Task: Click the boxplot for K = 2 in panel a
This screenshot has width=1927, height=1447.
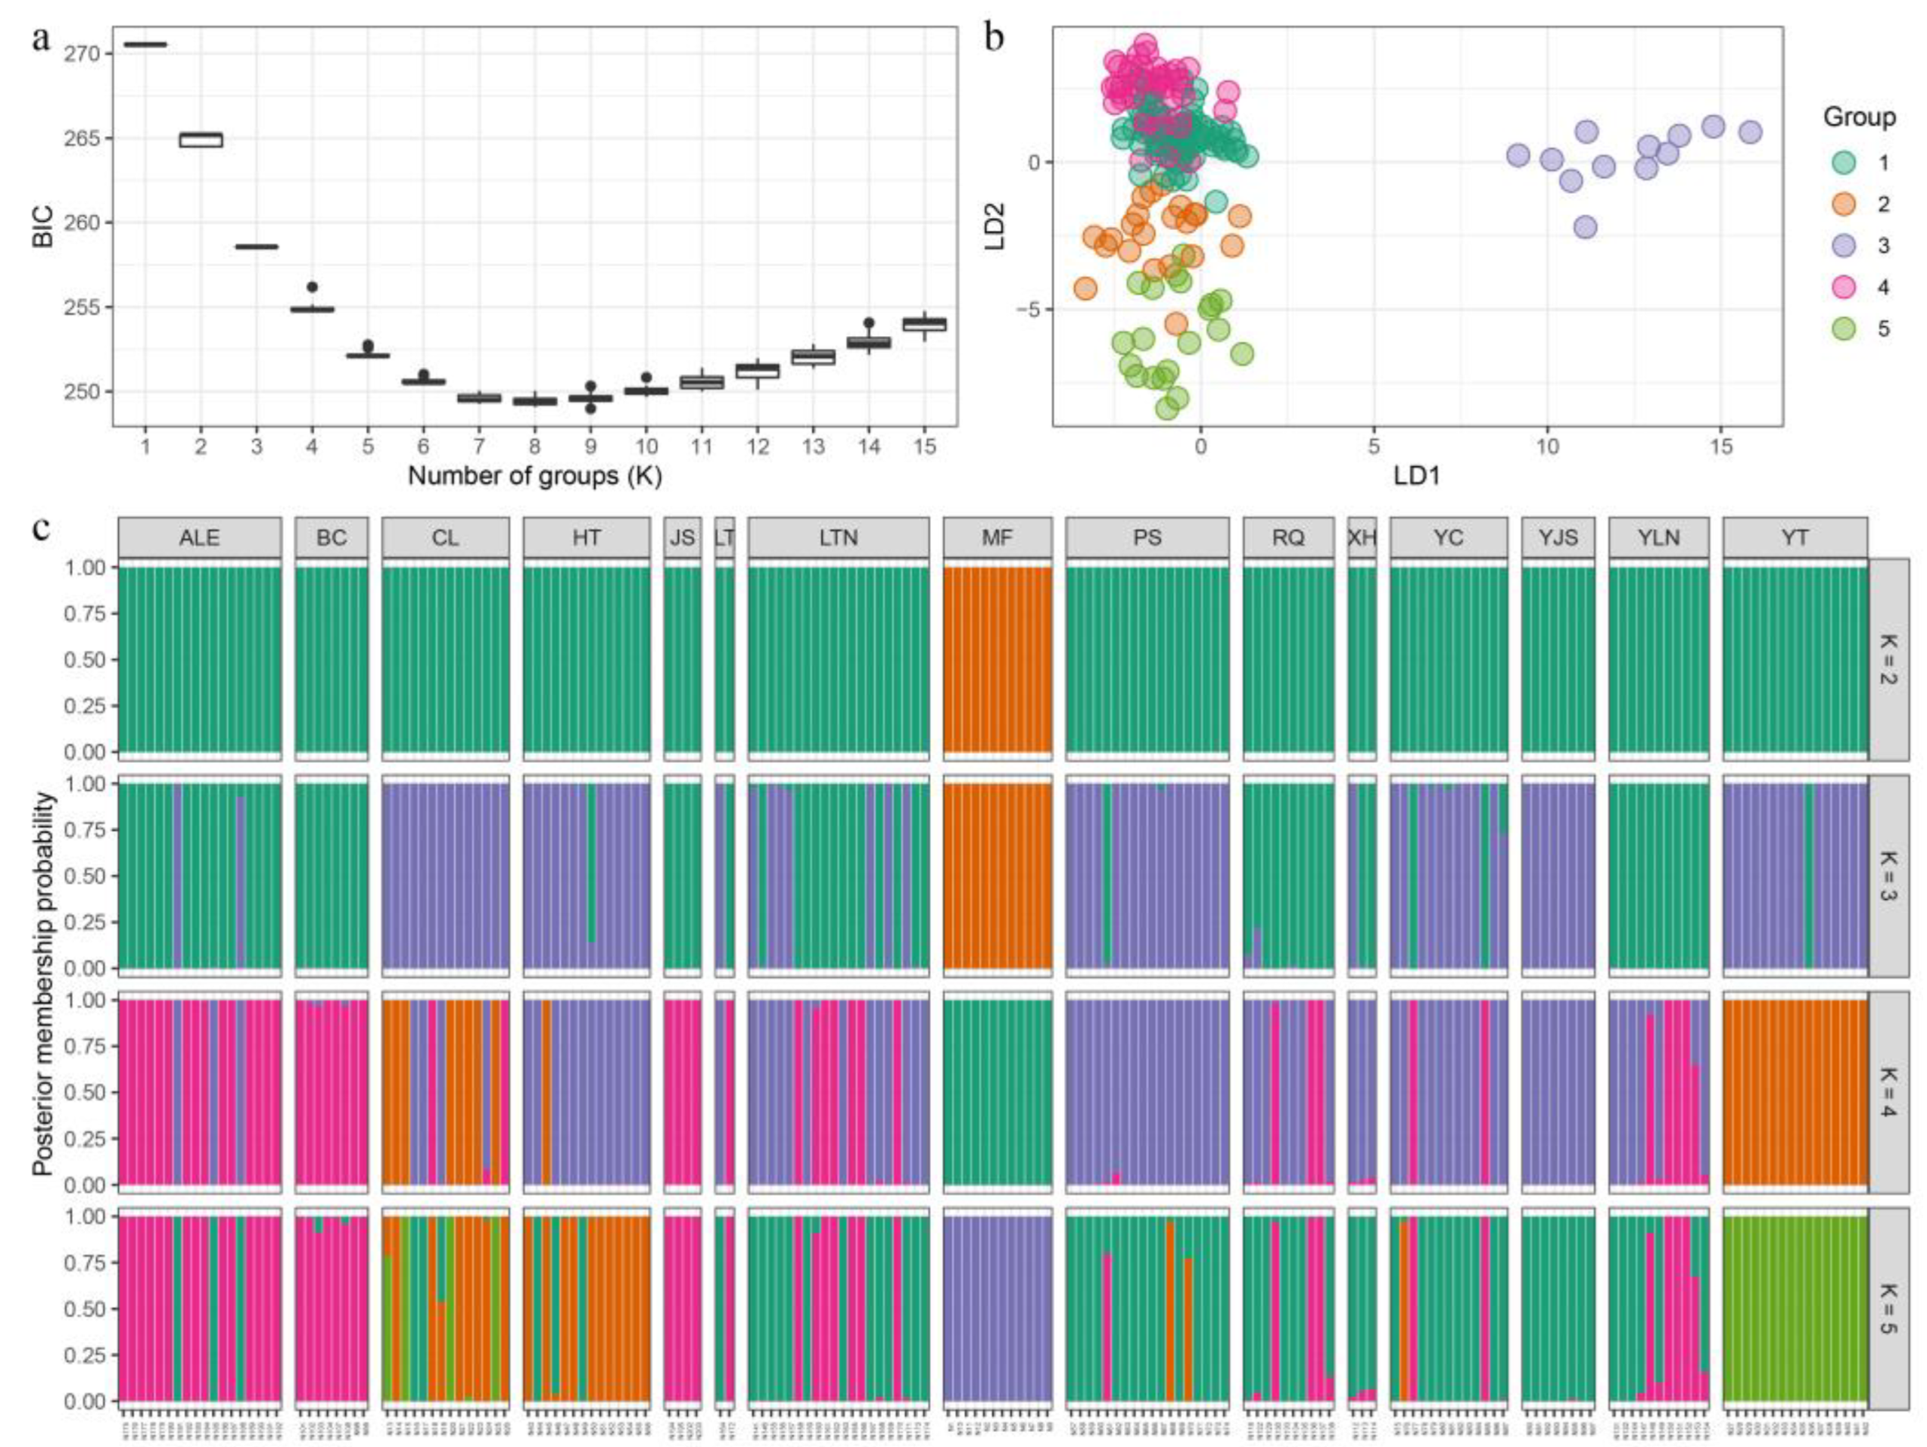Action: (x=201, y=139)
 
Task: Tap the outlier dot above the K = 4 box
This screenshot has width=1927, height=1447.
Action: (x=313, y=287)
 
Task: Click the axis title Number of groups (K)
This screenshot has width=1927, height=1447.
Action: (x=535, y=477)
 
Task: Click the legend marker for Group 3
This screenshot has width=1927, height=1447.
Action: (x=1846, y=246)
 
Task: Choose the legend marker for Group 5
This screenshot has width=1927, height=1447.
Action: (x=1846, y=329)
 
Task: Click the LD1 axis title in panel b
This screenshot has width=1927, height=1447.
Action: (x=1418, y=476)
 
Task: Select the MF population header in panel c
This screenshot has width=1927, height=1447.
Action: (x=998, y=537)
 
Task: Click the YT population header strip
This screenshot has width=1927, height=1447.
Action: (x=1795, y=537)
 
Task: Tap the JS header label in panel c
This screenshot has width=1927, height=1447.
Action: (x=682, y=537)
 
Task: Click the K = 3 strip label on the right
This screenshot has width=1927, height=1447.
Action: (x=1888, y=876)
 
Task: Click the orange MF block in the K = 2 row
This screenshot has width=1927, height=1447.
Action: (x=998, y=659)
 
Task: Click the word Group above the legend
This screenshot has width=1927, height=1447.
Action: (x=1859, y=117)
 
